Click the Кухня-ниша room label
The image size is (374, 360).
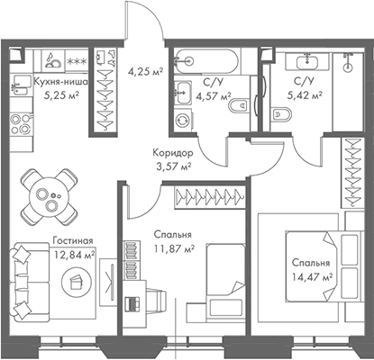(60, 80)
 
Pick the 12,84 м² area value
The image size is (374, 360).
(74, 254)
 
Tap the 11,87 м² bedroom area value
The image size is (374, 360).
(171, 249)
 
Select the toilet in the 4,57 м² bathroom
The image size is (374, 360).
(238, 109)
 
